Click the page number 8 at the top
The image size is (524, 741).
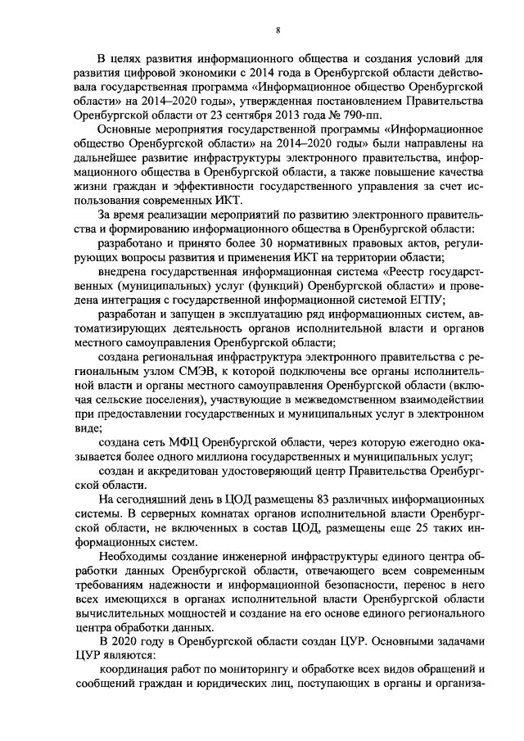click(x=278, y=30)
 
